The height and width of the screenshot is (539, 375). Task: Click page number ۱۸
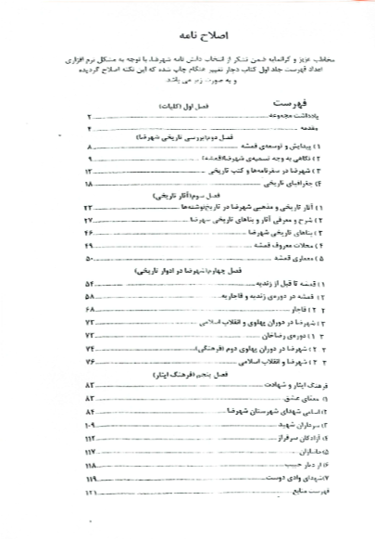89,185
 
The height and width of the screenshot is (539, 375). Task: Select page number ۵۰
89,259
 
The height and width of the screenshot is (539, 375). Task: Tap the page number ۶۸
89,308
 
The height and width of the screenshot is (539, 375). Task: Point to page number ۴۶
89,234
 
